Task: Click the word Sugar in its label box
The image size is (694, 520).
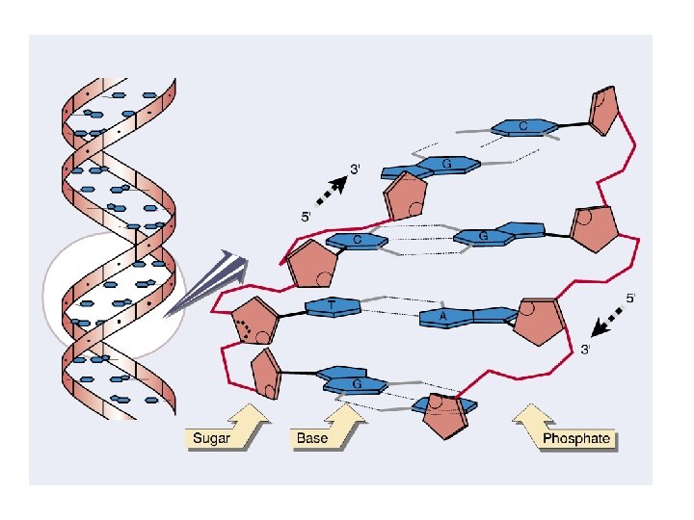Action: [x=212, y=439]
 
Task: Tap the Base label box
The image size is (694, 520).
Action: [x=312, y=439]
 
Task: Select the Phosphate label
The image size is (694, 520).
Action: [x=576, y=439]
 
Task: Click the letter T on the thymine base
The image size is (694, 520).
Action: [x=332, y=305]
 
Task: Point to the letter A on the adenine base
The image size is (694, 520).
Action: [x=442, y=315]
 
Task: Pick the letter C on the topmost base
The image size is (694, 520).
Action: [x=522, y=126]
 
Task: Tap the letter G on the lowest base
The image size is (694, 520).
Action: [x=355, y=382]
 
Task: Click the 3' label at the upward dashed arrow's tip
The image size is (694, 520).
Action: [x=356, y=169]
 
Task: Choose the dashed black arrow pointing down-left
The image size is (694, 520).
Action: [x=607, y=323]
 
